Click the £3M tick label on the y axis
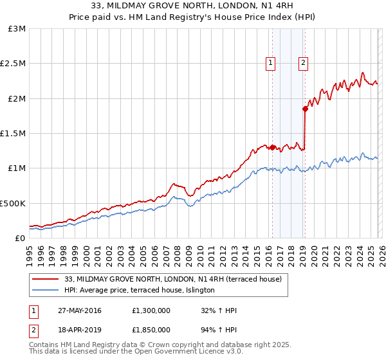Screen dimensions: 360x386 click(x=16, y=29)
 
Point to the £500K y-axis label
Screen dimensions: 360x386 click(x=13, y=203)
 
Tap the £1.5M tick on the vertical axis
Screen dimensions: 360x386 click(x=13, y=134)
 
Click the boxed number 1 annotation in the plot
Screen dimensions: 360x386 click(x=270, y=63)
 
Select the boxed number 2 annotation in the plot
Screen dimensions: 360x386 click(x=303, y=63)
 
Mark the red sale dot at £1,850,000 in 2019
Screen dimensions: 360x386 click(x=305, y=109)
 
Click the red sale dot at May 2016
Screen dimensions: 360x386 click(x=272, y=147)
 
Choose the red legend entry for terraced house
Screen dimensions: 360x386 click(x=172, y=279)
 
